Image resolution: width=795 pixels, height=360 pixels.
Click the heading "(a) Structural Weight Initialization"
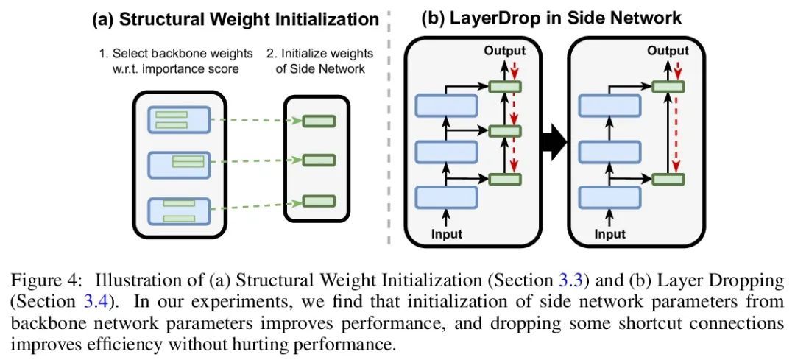tap(235, 20)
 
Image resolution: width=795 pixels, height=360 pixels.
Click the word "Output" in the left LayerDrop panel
tap(504, 51)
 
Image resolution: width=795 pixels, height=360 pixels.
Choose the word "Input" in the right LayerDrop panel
tap(610, 234)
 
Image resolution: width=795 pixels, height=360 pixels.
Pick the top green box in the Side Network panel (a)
tap(319, 121)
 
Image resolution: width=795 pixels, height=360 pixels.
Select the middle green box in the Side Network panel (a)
tap(319, 160)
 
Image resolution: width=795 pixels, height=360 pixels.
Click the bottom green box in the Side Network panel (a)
tap(319, 200)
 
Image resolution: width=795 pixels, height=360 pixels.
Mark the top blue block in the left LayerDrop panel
tap(446, 106)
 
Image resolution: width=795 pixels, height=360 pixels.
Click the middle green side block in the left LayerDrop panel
tap(504, 131)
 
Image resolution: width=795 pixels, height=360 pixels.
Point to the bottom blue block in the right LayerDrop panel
tap(609, 197)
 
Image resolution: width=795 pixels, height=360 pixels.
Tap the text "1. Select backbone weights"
tap(177, 54)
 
